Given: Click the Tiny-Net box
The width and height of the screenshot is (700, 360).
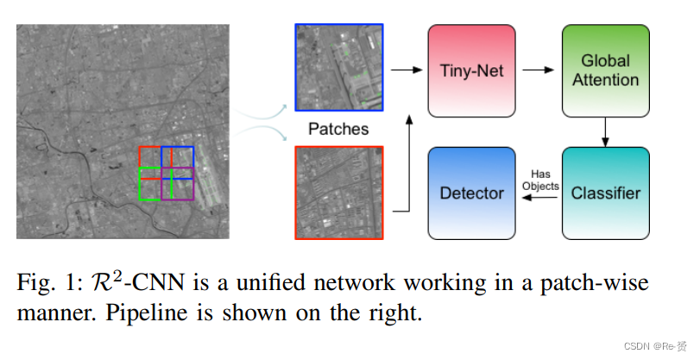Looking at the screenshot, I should [x=471, y=70].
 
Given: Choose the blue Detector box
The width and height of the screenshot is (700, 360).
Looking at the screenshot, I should [x=471, y=193].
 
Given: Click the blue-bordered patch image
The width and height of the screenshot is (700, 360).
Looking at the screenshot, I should [x=339, y=67].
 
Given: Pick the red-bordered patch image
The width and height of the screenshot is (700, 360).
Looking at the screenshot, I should [x=339, y=192].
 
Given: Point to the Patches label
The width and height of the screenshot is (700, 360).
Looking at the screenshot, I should [x=337, y=129].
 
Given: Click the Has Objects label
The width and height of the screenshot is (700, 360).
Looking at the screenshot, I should [x=539, y=180].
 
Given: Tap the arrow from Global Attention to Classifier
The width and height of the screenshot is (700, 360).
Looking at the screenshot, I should [x=607, y=130].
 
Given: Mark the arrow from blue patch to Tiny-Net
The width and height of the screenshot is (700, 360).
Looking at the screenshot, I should [x=403, y=68].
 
